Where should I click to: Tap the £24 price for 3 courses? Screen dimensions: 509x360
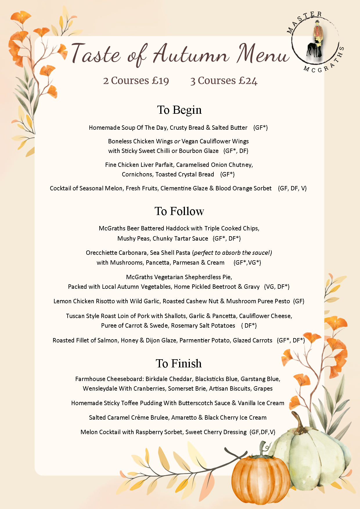[248, 81]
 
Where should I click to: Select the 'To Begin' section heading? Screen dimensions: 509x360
[179, 110]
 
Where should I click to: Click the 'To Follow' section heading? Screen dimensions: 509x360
[179, 211]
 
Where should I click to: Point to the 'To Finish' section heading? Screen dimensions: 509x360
[179, 364]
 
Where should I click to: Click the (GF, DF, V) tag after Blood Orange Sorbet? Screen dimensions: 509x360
[292, 188]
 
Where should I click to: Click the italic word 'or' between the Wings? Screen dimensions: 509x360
[177, 142]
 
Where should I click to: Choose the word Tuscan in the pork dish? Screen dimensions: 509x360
[75, 316]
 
